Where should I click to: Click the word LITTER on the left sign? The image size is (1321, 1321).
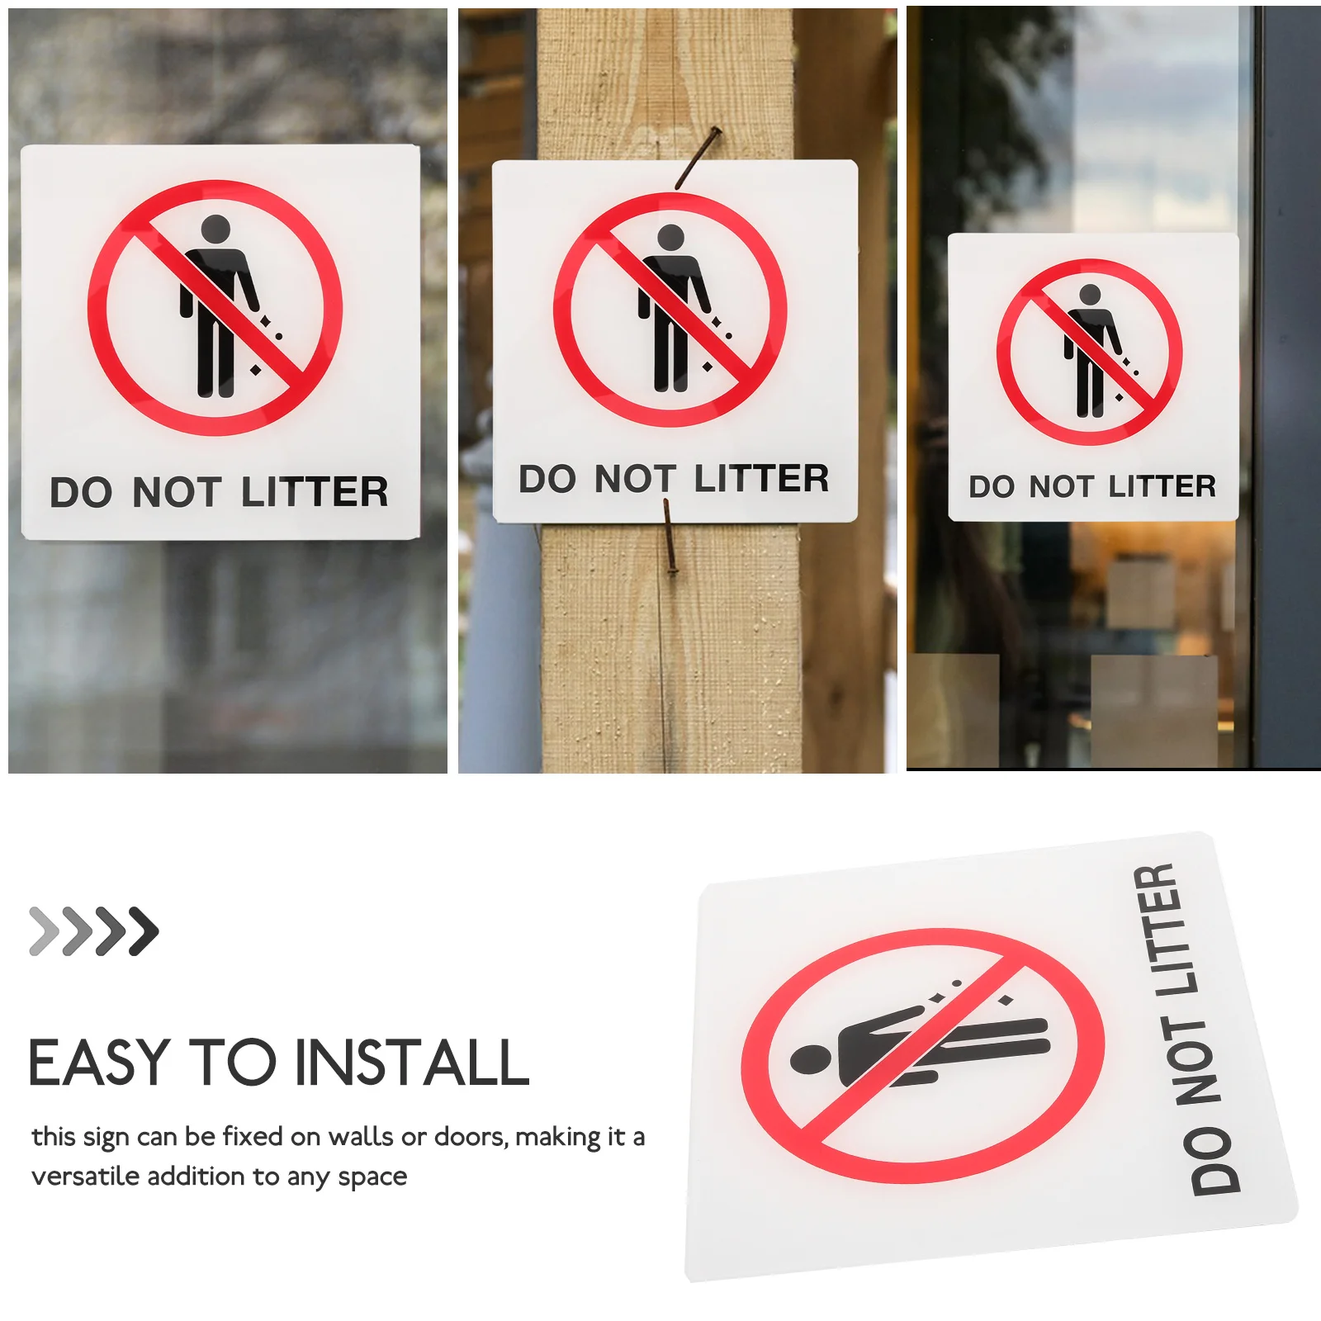315,492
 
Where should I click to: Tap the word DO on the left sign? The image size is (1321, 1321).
80,493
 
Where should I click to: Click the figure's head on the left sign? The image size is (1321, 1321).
215,230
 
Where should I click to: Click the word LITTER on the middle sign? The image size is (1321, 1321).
760,479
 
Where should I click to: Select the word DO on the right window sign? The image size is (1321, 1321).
992,487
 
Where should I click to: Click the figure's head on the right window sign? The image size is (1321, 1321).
1090,294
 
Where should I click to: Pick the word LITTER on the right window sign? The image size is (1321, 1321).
1162,486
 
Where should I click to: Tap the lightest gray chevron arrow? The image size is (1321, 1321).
43,931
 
